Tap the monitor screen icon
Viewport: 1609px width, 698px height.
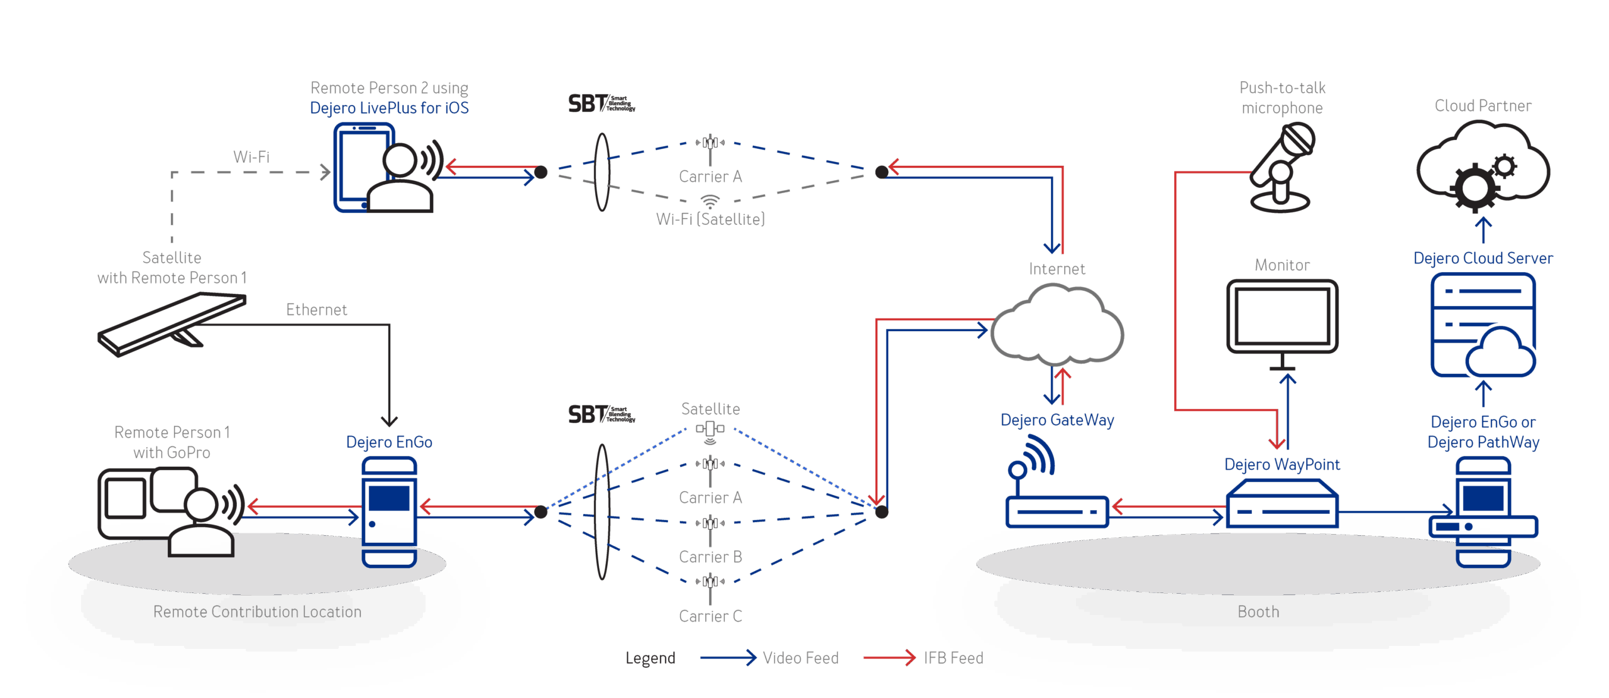1282,317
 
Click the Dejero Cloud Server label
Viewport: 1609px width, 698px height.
1483,258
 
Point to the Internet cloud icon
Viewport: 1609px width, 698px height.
1057,325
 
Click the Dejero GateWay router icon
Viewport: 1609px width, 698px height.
1057,497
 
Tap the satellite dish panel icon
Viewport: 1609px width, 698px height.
171,324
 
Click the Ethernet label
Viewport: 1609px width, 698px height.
317,310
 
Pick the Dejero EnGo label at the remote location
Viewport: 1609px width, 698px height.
389,442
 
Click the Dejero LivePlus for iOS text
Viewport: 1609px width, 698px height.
389,108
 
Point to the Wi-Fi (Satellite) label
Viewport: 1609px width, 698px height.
710,219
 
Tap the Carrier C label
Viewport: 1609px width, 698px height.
710,616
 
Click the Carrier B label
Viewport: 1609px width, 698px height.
710,557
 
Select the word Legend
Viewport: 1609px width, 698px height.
650,658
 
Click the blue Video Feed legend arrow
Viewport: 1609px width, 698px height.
728,658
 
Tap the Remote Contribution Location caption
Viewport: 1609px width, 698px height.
257,612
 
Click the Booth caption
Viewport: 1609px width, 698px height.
1258,612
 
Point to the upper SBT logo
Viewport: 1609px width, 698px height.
601,104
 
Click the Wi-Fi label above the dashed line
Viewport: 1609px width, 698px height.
251,156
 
